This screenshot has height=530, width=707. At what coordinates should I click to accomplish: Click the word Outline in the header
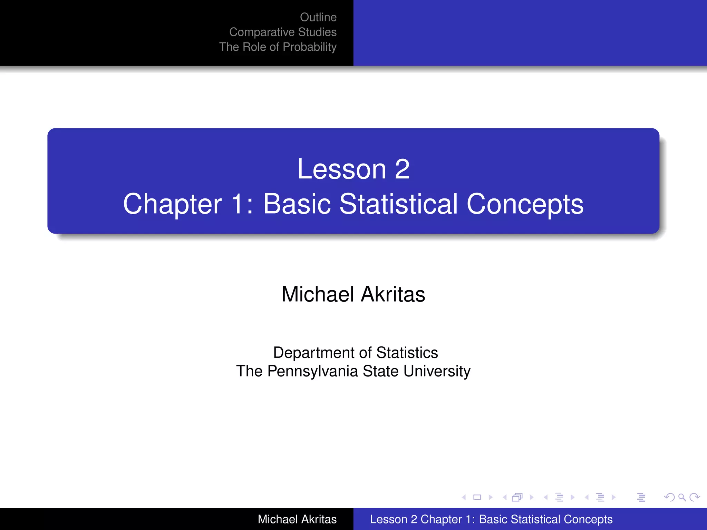(x=318, y=17)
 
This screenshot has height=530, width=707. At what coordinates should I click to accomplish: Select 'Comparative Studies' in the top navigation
(x=283, y=32)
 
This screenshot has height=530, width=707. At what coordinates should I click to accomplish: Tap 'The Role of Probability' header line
(x=278, y=47)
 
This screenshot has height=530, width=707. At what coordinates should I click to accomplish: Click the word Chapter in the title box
(x=172, y=204)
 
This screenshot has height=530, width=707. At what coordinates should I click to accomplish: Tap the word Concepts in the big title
(x=525, y=204)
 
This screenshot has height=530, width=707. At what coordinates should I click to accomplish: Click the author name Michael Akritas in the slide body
(x=353, y=294)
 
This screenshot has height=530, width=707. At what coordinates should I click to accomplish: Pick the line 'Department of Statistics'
(x=355, y=353)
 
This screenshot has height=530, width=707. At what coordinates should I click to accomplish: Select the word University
(x=436, y=372)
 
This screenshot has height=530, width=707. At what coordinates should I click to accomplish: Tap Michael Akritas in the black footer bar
(x=297, y=519)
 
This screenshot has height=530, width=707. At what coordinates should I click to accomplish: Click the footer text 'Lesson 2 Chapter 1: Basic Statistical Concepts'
(x=491, y=519)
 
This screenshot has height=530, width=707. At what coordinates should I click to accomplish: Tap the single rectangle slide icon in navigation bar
(x=477, y=497)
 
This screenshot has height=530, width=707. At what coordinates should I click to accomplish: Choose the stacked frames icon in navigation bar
(x=517, y=497)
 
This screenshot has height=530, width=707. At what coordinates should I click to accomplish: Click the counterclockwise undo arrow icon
(x=669, y=497)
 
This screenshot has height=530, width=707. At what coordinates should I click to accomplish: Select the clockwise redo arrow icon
(x=695, y=497)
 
